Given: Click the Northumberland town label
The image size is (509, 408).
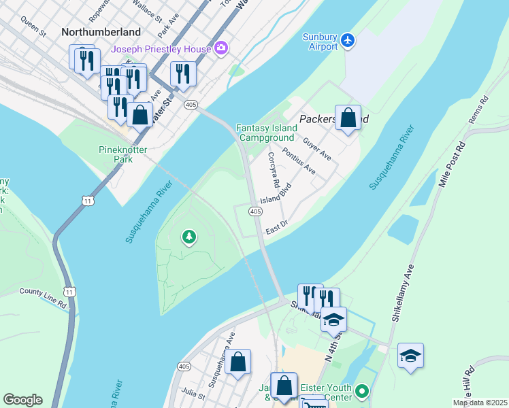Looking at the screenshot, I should [x=101, y=32].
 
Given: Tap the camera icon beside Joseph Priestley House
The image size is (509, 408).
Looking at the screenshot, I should [x=220, y=48].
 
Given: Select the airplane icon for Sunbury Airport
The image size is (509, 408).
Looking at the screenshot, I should [x=348, y=40].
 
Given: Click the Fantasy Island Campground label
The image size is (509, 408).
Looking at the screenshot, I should [x=267, y=133].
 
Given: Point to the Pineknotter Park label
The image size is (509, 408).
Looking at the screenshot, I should [x=115, y=154].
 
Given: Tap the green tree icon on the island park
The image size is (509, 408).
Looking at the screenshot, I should [x=188, y=237].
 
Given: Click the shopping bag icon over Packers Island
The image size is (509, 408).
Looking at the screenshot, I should [x=348, y=118].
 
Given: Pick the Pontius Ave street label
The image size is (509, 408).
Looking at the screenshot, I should [x=299, y=160].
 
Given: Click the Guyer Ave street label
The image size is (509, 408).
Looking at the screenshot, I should [x=317, y=149].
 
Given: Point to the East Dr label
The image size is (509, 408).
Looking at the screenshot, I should [x=278, y=227].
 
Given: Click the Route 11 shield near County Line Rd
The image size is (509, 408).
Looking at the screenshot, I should [x=69, y=291].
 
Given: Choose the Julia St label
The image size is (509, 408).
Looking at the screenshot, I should [x=193, y=392].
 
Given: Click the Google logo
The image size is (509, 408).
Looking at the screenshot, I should [x=22, y=400].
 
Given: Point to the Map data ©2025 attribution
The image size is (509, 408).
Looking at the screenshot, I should [x=479, y=403].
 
